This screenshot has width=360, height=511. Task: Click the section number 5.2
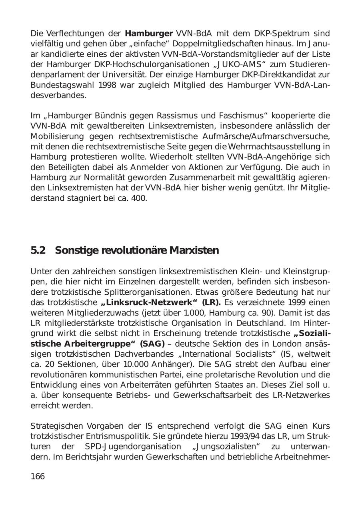click(38, 251)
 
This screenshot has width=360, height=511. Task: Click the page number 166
click(38, 476)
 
